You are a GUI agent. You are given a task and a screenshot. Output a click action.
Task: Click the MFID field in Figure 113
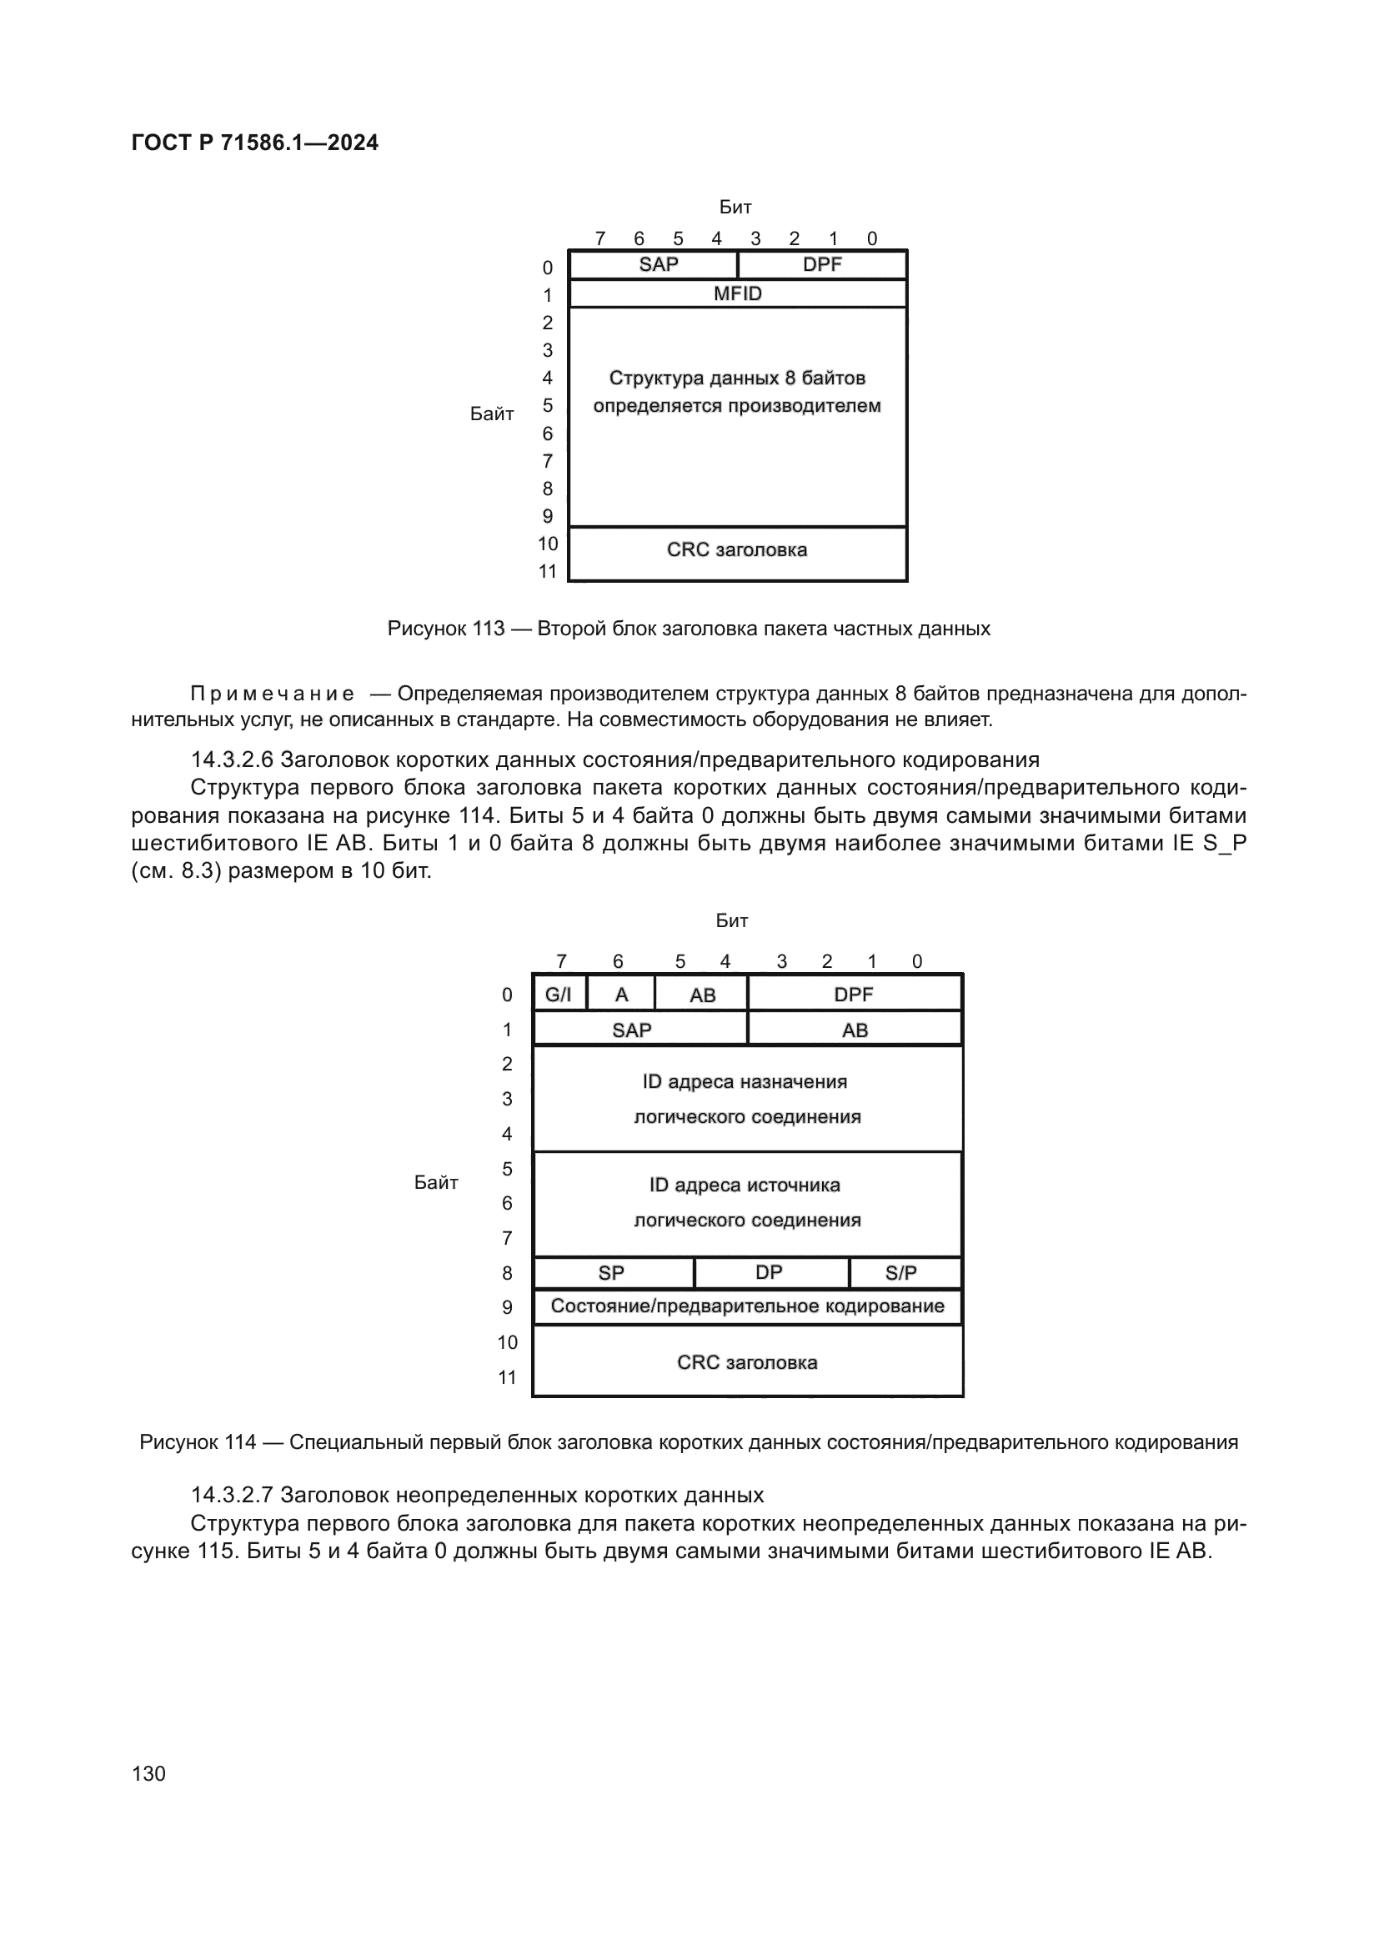tap(737, 293)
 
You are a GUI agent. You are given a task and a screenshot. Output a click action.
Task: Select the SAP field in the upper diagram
tap(658, 265)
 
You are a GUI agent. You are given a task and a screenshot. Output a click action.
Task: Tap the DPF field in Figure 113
tap(822, 265)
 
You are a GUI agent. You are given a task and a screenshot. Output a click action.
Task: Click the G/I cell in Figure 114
tap(559, 995)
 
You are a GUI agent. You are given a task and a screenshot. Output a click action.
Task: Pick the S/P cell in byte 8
tap(901, 1273)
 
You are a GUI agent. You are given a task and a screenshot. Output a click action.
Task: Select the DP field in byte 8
tap(769, 1273)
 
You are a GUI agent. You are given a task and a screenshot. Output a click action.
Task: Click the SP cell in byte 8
tap(611, 1273)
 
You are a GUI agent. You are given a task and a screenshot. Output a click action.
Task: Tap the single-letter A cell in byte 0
tap(621, 995)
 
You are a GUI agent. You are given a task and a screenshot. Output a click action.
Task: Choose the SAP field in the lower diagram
tap(632, 1030)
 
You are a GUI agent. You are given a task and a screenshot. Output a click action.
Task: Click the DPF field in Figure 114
tap(854, 995)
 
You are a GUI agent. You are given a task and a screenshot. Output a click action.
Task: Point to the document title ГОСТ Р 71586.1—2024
tap(255, 143)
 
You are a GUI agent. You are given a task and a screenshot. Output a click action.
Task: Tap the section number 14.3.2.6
tap(232, 759)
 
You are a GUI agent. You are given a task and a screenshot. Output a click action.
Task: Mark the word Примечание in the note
tap(272, 694)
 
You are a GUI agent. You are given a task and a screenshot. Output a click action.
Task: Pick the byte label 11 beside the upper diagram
tap(548, 572)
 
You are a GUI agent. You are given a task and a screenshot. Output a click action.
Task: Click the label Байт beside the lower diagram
tap(435, 1183)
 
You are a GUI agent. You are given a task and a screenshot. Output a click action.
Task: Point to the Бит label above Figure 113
tap(735, 208)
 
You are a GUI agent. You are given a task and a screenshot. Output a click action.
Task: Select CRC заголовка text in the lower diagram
tap(747, 1363)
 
